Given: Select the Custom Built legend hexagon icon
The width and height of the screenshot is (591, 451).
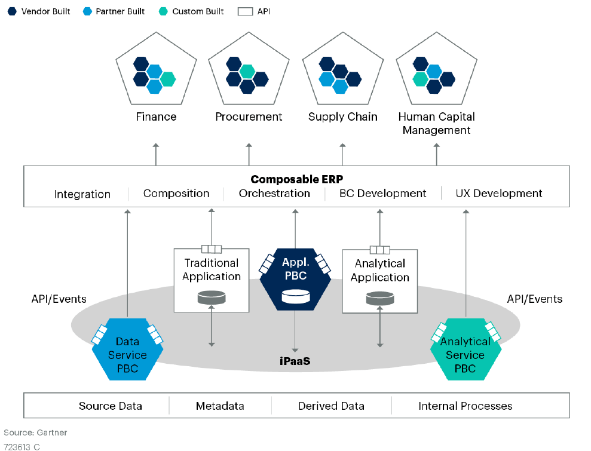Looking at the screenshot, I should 163,11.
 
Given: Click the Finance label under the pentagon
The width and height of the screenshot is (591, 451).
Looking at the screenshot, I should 156,116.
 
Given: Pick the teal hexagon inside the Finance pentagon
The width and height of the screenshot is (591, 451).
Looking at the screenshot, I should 168,79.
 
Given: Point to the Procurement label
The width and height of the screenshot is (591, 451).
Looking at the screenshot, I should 249,116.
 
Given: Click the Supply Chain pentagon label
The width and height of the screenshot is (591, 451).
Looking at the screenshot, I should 342,116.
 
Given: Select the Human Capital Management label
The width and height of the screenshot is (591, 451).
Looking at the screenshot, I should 436,123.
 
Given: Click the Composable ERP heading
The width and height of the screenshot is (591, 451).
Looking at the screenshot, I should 296,179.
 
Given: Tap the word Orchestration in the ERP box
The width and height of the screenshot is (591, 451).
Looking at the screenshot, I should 274,194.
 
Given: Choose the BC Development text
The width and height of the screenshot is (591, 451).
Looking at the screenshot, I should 382,194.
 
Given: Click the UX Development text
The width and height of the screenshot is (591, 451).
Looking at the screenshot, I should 499,194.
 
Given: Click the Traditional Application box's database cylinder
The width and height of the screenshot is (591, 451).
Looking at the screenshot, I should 212,297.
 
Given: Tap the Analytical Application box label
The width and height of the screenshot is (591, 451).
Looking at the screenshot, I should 380,270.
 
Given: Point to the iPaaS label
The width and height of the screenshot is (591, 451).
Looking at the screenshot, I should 295,361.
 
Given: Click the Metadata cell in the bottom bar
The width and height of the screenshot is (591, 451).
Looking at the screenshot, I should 220,406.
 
